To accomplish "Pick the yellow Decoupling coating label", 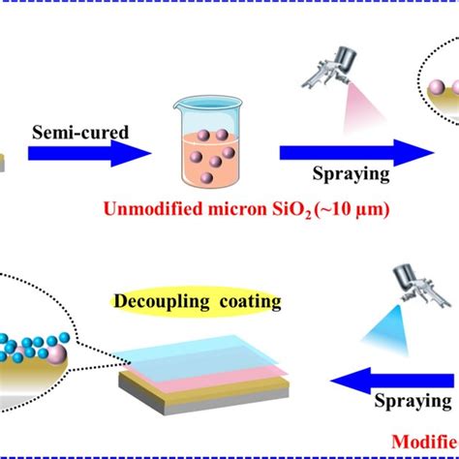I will tap(210, 302).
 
